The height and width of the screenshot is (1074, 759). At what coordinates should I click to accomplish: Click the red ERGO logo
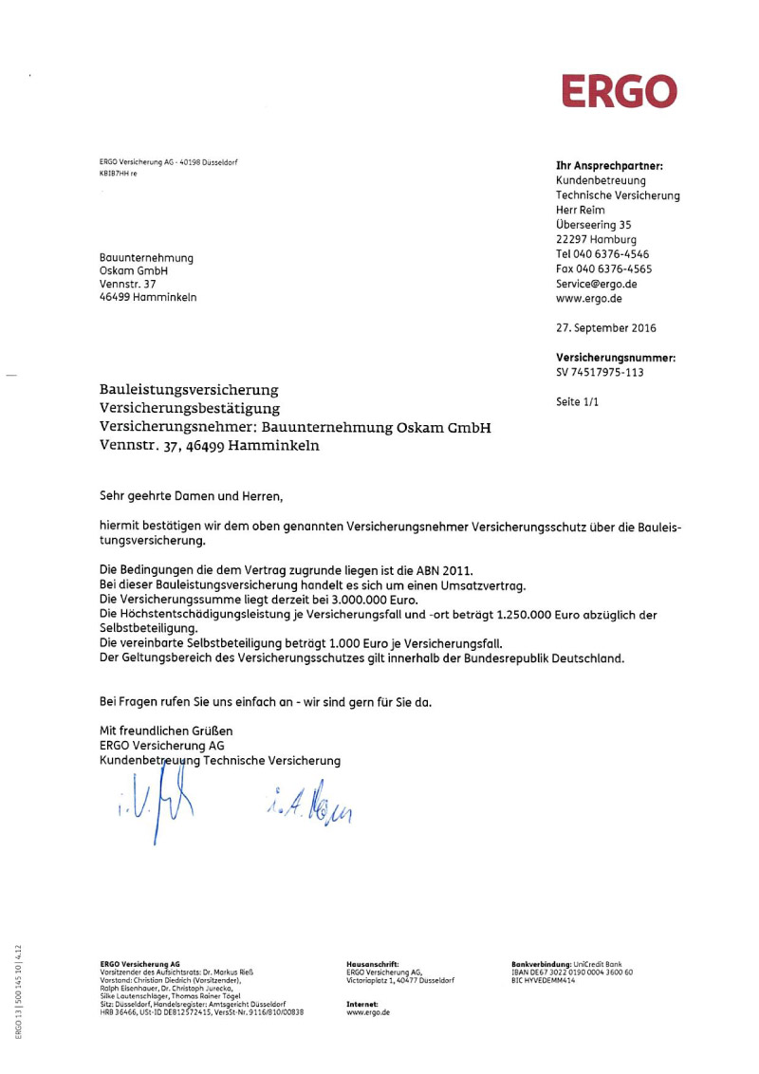point(620,91)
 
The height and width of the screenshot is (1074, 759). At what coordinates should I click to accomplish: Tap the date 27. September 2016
point(605,328)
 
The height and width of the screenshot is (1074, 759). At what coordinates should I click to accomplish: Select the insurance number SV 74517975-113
point(600,373)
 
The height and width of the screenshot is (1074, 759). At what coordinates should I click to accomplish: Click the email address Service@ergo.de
point(596,284)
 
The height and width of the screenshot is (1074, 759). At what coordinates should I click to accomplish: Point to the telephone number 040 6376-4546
point(625,254)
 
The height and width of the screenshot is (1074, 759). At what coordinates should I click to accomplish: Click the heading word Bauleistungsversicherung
point(189,390)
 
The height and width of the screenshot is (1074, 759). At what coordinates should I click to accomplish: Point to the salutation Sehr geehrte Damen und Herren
point(192,495)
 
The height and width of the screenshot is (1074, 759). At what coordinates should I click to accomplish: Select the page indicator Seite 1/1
point(578,402)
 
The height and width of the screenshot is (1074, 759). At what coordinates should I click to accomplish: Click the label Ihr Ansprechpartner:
point(608,166)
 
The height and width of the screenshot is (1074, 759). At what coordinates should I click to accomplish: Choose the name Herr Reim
point(580,211)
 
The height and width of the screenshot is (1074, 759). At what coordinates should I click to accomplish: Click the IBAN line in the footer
point(571,972)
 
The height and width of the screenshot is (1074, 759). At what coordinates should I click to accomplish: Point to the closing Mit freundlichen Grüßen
point(166,731)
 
